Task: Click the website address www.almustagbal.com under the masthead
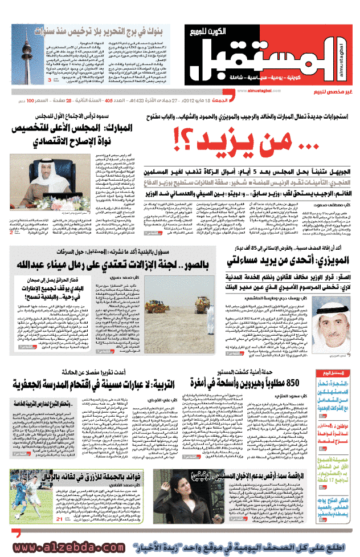pyautogui.click(x=246, y=90)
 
